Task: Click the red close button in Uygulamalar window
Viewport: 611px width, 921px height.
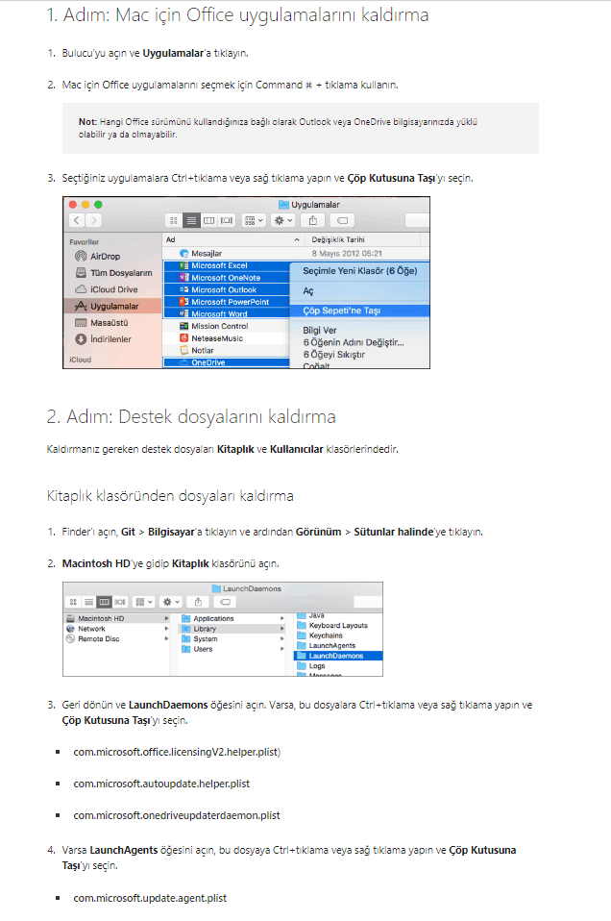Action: [x=73, y=205]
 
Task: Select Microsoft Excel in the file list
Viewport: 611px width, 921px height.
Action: [x=219, y=265]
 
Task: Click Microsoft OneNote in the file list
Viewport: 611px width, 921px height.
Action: [x=226, y=278]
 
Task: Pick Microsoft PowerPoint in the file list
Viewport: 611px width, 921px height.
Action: [x=230, y=302]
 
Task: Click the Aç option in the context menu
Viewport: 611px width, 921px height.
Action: [x=308, y=290]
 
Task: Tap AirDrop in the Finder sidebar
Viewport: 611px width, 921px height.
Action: [x=105, y=256]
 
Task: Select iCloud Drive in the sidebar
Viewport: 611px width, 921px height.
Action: [x=114, y=289]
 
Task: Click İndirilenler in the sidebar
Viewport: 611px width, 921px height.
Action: [x=110, y=339]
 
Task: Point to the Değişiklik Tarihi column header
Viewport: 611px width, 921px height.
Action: [x=338, y=239]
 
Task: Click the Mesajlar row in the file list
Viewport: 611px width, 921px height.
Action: [x=206, y=253]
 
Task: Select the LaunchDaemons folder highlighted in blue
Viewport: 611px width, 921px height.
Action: [x=335, y=656]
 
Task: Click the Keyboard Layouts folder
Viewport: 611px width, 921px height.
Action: [x=338, y=626]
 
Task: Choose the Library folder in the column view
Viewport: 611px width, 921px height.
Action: [x=205, y=629]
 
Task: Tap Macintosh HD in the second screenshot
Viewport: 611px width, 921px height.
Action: [x=101, y=618]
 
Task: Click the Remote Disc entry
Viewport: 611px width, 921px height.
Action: [x=99, y=639]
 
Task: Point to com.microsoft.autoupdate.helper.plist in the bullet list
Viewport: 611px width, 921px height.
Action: [x=161, y=784]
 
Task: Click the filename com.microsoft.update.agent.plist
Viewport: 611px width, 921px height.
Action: [x=150, y=898]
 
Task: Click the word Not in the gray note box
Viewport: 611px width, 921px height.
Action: [x=86, y=121]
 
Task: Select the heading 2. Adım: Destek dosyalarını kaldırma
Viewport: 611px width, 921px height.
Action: [x=191, y=416]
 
